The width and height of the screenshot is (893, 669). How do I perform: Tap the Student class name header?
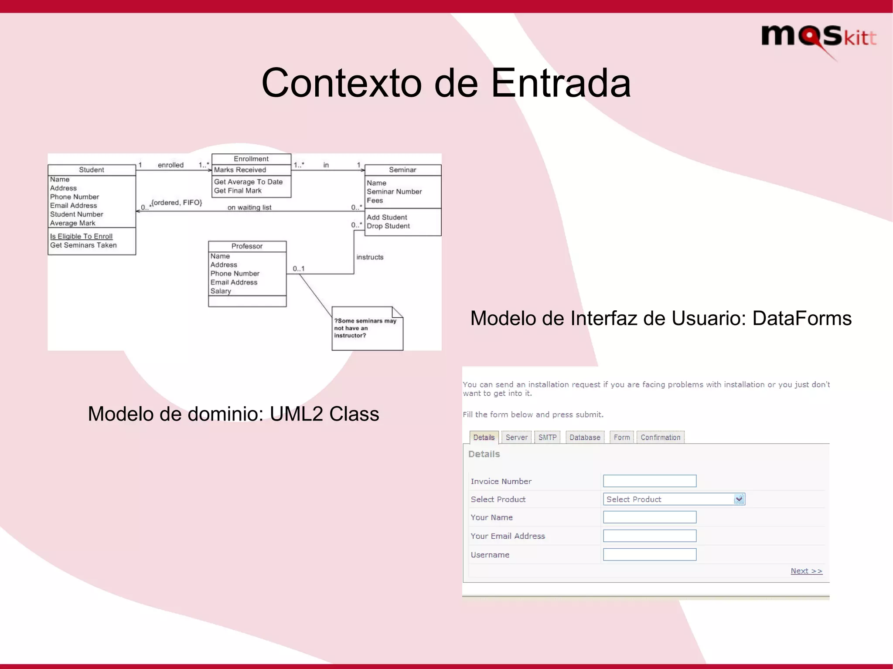tap(92, 170)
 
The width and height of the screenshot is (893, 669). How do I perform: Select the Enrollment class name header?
tap(251, 159)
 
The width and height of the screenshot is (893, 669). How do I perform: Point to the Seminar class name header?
tap(402, 170)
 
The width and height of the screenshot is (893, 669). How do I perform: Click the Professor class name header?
tap(247, 246)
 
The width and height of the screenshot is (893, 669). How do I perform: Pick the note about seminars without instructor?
tap(367, 328)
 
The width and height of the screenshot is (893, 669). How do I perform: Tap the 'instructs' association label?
tap(370, 257)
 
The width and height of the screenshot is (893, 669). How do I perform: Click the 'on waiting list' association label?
tap(249, 207)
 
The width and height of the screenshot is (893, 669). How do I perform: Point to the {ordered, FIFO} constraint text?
tap(177, 203)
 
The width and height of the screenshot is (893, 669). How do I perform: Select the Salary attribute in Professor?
tap(221, 291)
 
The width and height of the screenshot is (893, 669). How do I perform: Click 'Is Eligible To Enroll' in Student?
tap(81, 236)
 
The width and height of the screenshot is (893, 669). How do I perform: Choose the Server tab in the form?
tap(516, 437)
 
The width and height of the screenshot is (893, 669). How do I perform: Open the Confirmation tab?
tap(660, 437)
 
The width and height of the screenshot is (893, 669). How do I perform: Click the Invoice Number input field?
tap(650, 481)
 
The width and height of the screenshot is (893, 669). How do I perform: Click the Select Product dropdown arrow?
tap(739, 499)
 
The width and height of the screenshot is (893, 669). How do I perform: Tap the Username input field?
tap(650, 555)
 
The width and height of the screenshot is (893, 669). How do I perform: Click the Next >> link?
tap(806, 571)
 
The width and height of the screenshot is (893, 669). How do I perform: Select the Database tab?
tap(585, 437)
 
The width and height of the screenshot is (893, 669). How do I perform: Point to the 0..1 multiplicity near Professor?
tap(299, 268)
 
